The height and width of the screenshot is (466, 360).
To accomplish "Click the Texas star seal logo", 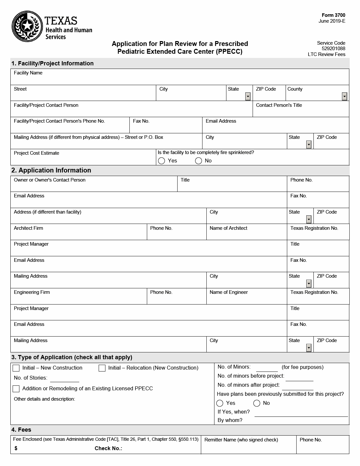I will (27, 26).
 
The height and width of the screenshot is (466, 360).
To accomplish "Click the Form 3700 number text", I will (333, 15).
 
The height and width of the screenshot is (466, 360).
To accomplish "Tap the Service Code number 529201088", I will (333, 49).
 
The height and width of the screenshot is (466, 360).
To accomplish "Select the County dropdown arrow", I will (344, 96).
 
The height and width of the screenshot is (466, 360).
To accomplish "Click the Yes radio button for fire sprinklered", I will (162, 161).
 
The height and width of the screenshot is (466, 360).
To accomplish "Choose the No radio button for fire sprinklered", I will (199, 161).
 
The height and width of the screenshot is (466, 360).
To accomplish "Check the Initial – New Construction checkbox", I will (16, 368).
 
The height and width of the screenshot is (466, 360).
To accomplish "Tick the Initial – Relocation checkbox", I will (102, 368).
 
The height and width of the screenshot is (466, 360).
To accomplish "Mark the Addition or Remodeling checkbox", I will (16, 389).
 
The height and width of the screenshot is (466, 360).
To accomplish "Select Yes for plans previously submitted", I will (220, 403).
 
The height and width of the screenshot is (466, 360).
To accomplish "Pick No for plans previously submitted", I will (257, 403).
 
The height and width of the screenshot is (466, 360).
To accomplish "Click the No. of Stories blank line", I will (64, 379).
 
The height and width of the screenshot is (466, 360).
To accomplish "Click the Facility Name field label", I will (28, 73).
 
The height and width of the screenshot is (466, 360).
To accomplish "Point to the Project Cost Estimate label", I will (37, 153).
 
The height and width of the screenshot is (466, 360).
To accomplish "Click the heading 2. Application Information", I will (51, 170).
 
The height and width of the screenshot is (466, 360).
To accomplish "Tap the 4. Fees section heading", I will (21, 430).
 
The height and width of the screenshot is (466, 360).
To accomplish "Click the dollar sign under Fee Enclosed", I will (16, 449).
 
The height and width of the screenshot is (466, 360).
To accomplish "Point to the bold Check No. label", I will (108, 449).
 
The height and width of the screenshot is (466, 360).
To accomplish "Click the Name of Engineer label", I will (229, 292).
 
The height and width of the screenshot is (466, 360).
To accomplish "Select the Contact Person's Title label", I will (279, 105).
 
